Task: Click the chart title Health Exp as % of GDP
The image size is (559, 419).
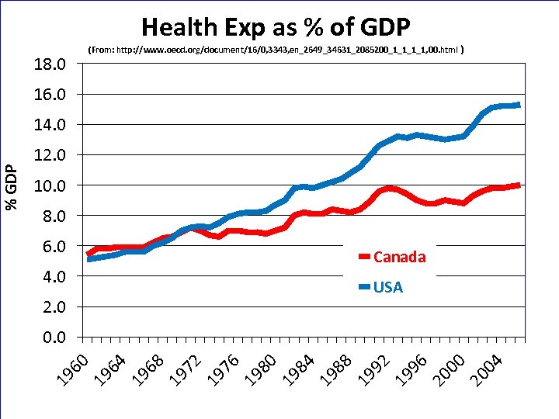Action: point(276,27)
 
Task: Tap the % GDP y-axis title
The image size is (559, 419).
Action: point(11,187)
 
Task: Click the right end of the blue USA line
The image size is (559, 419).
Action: point(519,105)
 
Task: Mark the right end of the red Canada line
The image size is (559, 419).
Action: point(519,185)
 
